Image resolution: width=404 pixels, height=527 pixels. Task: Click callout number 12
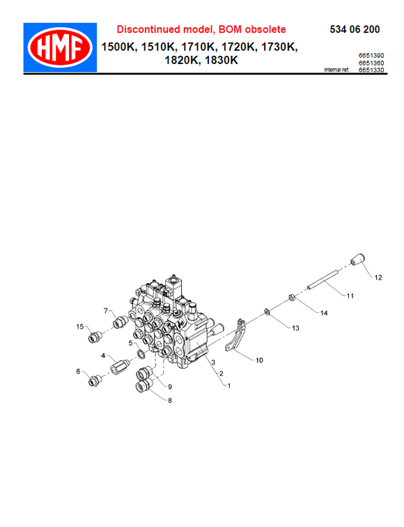coord(378,277)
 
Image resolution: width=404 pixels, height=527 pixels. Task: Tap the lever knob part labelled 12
coord(357,261)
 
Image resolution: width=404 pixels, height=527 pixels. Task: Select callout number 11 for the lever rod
coord(350,296)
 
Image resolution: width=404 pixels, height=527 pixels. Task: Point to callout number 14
coord(323,314)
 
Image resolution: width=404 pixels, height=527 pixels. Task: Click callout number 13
coord(295,327)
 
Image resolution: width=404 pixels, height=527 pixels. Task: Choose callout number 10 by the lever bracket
coord(258,360)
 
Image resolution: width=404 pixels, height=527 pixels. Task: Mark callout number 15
coord(80,326)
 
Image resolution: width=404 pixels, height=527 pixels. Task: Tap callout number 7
coord(107,310)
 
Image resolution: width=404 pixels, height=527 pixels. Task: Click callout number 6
coord(79,372)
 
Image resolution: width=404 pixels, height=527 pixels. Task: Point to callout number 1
coord(226,385)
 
